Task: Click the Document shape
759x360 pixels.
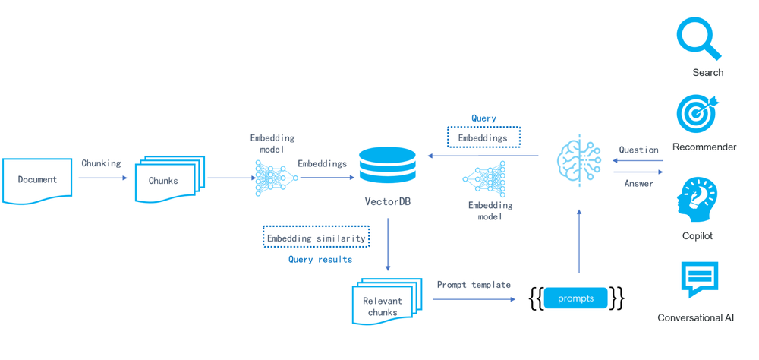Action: (37, 180)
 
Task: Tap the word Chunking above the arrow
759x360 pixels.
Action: (101, 163)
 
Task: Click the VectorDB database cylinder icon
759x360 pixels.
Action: (387, 166)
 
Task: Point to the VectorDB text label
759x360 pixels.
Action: (387, 202)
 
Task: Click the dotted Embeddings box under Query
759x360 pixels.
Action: (483, 137)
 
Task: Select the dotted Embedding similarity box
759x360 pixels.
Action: (316, 238)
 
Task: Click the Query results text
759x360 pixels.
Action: (320, 260)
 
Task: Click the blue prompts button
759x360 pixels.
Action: (575, 298)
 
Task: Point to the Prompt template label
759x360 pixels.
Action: (474, 285)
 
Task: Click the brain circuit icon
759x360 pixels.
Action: (579, 160)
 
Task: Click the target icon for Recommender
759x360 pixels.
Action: (697, 113)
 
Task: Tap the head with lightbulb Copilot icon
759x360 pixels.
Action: (696, 200)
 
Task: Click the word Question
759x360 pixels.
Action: (638, 150)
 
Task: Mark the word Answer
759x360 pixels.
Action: (638, 184)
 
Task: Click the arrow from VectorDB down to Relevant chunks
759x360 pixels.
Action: (388, 245)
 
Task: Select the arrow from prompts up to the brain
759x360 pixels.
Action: (579, 241)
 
